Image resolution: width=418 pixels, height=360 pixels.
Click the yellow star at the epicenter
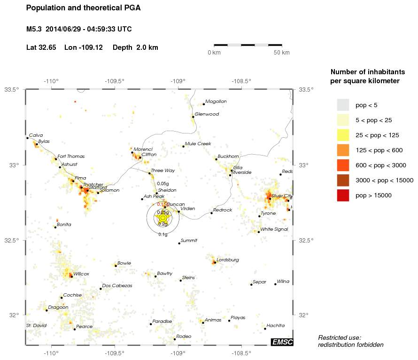click(163, 218)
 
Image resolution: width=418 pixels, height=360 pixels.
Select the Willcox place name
click(81, 273)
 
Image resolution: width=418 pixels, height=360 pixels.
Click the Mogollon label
click(216, 101)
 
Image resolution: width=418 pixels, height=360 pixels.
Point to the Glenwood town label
click(207, 114)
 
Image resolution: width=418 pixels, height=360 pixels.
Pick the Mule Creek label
click(198, 143)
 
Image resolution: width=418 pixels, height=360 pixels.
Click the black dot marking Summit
click(179, 243)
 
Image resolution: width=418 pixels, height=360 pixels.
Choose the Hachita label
click(275, 325)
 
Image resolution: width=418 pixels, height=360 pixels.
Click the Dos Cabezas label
click(117, 285)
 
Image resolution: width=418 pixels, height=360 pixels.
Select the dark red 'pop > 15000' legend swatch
click(343, 195)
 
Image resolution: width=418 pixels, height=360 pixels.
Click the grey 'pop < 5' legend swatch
click(343, 105)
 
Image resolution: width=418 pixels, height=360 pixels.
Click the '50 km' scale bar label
click(282, 52)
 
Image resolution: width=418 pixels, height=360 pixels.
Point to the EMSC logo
click(282, 342)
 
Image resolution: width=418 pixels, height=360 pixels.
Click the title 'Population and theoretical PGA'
click(83, 8)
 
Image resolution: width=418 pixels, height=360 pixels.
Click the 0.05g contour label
click(163, 183)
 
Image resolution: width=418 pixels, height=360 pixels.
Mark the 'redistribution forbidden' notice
click(350, 344)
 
